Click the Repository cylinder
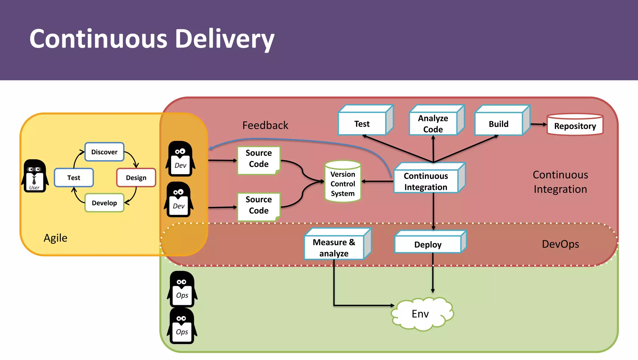575,125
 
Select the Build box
498,124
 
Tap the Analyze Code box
433,124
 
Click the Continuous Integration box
426,181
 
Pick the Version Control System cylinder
343,182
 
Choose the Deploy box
428,244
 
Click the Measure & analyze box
334,247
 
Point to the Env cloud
421,314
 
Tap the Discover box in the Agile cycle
104,152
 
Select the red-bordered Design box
136,178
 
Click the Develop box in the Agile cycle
104,203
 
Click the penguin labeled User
35,176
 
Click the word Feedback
265,125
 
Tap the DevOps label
560,244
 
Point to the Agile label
55,238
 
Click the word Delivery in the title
224,39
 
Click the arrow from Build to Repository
538,124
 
